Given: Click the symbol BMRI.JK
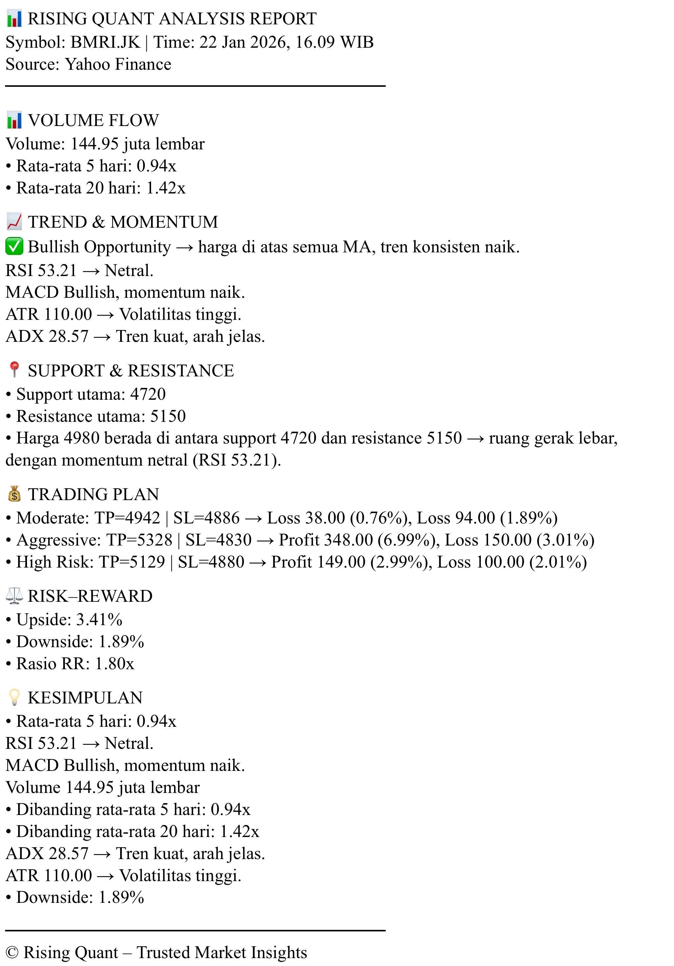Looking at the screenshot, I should [x=105, y=42].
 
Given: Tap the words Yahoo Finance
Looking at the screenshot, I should [x=118, y=64].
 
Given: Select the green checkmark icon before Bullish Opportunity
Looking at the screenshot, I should [x=14, y=247].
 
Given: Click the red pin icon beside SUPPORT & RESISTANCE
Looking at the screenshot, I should [x=14, y=370].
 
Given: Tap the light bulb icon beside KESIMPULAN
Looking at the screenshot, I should [x=14, y=697].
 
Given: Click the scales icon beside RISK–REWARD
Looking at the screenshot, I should [x=14, y=596].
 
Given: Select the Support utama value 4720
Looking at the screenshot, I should [x=148, y=394].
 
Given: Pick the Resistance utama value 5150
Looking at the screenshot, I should [x=168, y=416].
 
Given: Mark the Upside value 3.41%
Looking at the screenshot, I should [x=99, y=619].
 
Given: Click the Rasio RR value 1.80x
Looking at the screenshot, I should [x=115, y=664].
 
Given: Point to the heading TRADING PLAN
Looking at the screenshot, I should [x=93, y=495].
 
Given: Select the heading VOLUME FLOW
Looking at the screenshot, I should [x=93, y=120].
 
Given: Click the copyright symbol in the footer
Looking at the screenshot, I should [x=13, y=952].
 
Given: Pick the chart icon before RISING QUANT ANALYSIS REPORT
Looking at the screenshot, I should [x=14, y=19].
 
